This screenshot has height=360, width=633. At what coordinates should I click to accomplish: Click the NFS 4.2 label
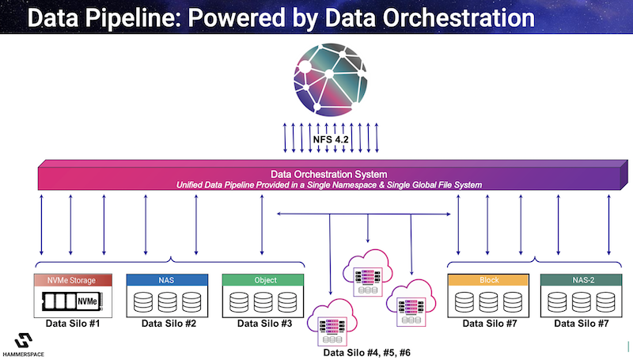(x=331, y=139)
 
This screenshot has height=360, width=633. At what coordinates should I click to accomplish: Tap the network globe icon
(x=331, y=79)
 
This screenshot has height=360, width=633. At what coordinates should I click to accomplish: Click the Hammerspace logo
(x=24, y=345)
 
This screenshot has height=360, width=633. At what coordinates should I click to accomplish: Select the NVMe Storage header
(x=73, y=280)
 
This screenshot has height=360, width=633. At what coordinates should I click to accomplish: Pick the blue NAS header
(x=167, y=280)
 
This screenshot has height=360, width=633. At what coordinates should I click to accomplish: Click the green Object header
(x=263, y=280)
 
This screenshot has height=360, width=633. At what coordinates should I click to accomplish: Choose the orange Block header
(x=488, y=280)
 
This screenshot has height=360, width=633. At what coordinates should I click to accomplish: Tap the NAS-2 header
(x=582, y=280)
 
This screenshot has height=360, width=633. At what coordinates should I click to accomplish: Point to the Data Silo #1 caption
(x=73, y=324)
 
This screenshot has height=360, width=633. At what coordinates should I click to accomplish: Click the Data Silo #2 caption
(x=169, y=324)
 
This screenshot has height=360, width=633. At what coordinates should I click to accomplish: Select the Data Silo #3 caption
(x=264, y=324)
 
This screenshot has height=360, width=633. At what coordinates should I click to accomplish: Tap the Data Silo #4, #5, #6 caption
(x=366, y=353)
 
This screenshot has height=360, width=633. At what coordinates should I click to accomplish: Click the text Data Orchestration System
(x=328, y=174)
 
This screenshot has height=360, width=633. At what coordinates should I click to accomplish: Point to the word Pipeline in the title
(x=134, y=18)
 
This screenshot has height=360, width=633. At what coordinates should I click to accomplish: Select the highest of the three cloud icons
(x=367, y=273)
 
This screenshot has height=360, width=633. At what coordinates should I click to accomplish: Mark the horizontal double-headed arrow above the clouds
(x=364, y=214)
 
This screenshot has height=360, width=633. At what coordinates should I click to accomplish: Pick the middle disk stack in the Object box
(x=263, y=302)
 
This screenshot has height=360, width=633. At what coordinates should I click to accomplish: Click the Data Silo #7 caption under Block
(x=490, y=324)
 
